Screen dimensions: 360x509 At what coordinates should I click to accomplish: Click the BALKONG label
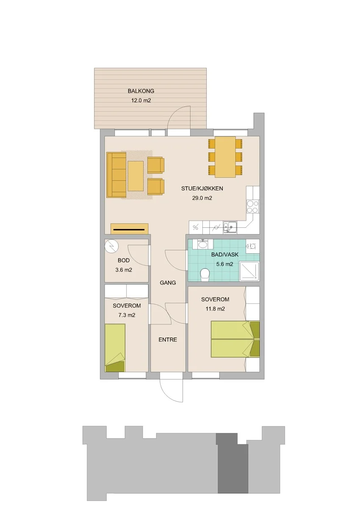coord(141,91)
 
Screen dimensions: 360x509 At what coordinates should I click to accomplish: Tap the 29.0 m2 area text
coord(202,198)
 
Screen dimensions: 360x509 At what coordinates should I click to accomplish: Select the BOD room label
coord(124,260)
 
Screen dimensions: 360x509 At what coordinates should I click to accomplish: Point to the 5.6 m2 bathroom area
coord(224,264)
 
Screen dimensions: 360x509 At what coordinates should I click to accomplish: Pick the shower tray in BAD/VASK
coord(249,271)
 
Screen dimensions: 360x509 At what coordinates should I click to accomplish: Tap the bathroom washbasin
coord(203,244)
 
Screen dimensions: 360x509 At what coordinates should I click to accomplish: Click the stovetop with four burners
coord(253,207)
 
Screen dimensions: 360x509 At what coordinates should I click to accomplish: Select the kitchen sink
coord(230,227)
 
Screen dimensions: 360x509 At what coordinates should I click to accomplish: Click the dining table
coord(225,157)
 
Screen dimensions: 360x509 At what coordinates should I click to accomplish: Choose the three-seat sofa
coord(116,175)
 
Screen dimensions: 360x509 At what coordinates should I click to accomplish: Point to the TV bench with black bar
coord(130,229)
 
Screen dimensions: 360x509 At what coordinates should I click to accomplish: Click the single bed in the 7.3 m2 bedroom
coord(115,348)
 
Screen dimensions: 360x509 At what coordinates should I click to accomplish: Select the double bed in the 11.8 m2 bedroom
coord(235,339)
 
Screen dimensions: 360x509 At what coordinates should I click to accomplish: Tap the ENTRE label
coord(168,340)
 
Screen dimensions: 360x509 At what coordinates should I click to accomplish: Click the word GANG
coord(168,283)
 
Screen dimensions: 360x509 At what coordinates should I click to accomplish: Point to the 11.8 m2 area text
coord(215,309)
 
